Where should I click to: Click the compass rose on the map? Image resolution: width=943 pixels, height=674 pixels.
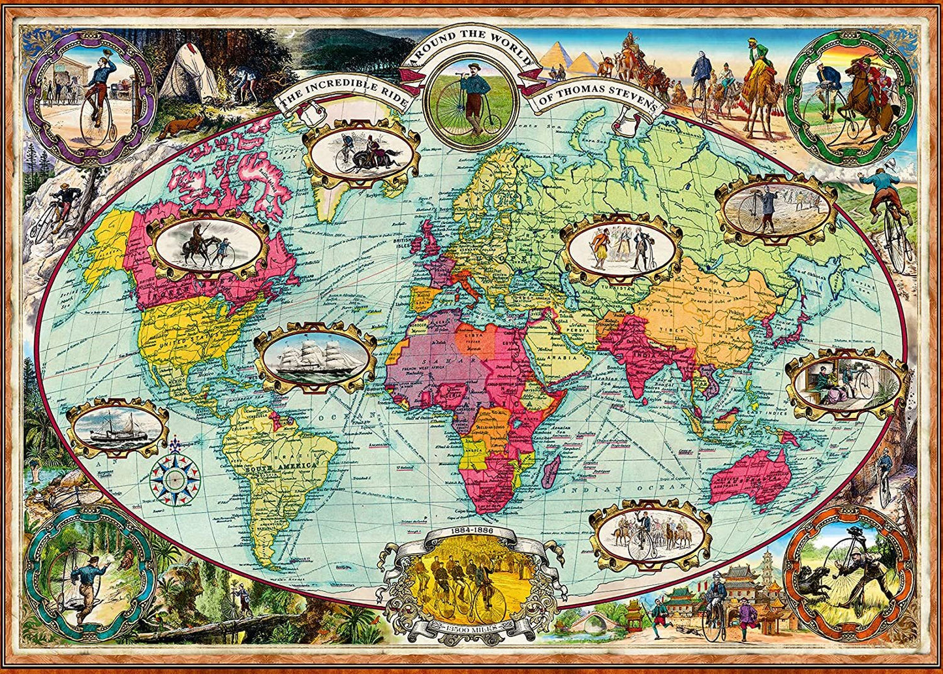(x=174, y=479)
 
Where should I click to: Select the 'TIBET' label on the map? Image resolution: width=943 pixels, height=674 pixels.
(x=679, y=331)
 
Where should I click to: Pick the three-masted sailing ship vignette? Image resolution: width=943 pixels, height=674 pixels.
(x=315, y=357)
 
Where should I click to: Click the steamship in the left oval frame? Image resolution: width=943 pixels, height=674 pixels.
(x=117, y=428)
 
